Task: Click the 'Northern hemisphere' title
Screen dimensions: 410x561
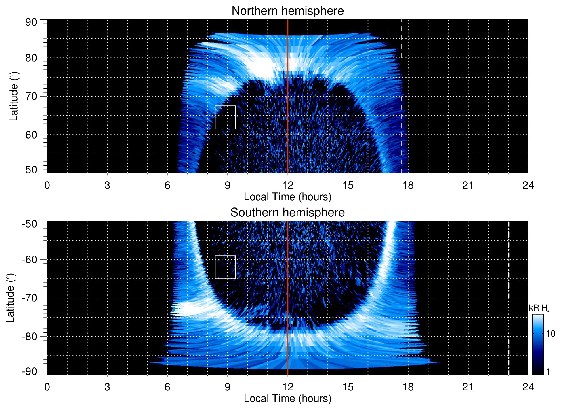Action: pyautogui.click(x=287, y=11)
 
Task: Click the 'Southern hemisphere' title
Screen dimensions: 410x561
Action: pyautogui.click(x=287, y=213)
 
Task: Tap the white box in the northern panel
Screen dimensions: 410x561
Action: pyautogui.click(x=225, y=117)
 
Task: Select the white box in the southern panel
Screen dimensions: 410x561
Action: pyautogui.click(x=225, y=267)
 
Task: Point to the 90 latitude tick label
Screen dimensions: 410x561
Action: pyautogui.click(x=31, y=22)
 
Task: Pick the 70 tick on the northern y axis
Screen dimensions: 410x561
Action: pyautogui.click(x=31, y=96)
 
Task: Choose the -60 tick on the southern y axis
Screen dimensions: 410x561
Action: pyautogui.click(x=30, y=259)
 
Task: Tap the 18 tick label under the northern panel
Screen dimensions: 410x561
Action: pyautogui.click(x=408, y=185)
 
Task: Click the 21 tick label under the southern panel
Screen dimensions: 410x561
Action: pyautogui.click(x=468, y=387)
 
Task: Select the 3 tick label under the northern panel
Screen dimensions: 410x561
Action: pyautogui.click(x=107, y=185)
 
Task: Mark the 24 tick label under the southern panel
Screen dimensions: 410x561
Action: pyautogui.click(x=528, y=387)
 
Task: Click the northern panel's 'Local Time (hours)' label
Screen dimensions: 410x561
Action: pyautogui.click(x=287, y=197)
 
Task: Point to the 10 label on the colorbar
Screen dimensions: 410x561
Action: pyautogui.click(x=550, y=334)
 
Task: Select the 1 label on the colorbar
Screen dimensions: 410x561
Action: pyautogui.click(x=548, y=372)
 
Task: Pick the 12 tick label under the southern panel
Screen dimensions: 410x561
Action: pyautogui.click(x=287, y=387)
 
